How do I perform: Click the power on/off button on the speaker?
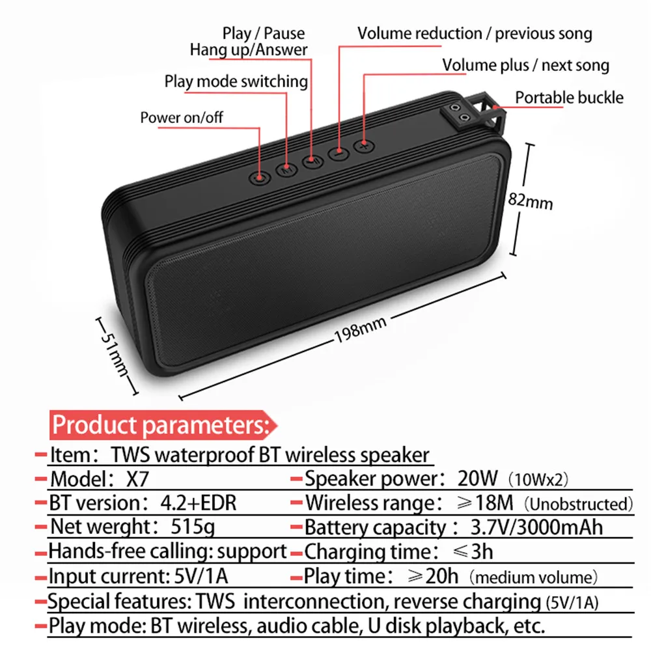coord(260,176)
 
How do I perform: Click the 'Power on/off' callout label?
coord(182,118)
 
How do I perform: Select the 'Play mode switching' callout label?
coord(236,81)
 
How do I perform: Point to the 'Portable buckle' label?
coord(569,98)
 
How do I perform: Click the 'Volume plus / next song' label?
coord(525,65)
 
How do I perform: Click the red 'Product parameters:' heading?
coord(160,425)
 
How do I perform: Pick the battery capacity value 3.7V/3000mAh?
coord(537,527)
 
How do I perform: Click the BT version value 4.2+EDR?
coord(198,503)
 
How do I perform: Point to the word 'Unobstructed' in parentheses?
coord(579,504)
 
